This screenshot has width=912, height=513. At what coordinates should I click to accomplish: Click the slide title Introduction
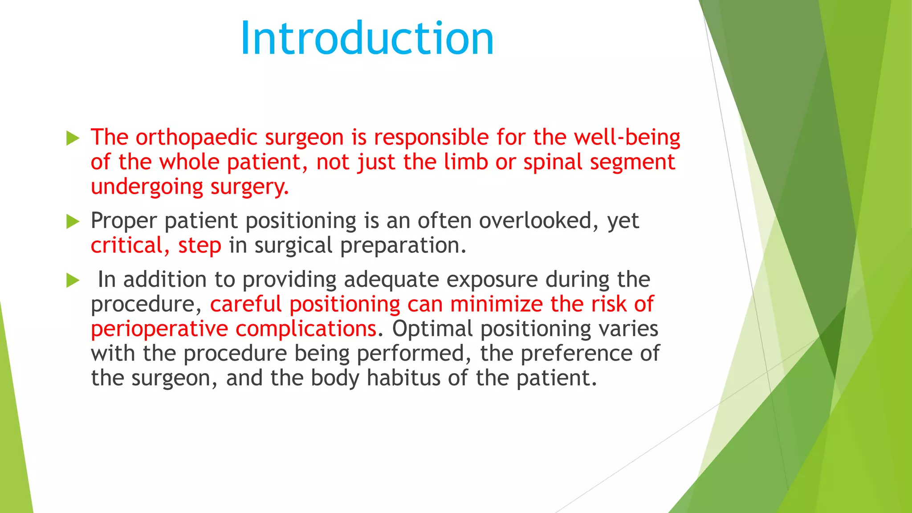click(x=367, y=39)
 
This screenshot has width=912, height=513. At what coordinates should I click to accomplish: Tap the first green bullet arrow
click(x=73, y=138)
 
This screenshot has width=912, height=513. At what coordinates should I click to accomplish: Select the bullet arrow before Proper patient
click(x=73, y=221)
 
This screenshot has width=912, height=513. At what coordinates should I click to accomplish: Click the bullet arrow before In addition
click(x=73, y=281)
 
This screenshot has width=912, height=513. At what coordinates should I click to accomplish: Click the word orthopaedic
click(x=196, y=138)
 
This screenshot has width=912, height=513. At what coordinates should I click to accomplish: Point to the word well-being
click(x=627, y=138)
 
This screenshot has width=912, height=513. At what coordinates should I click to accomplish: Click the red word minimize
click(x=496, y=304)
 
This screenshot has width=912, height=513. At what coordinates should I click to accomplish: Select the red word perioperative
click(x=159, y=330)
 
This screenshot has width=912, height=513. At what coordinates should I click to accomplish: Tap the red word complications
click(x=306, y=330)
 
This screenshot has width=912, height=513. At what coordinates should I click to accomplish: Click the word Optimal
click(x=432, y=329)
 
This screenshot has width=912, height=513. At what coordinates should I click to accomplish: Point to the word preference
click(x=576, y=354)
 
